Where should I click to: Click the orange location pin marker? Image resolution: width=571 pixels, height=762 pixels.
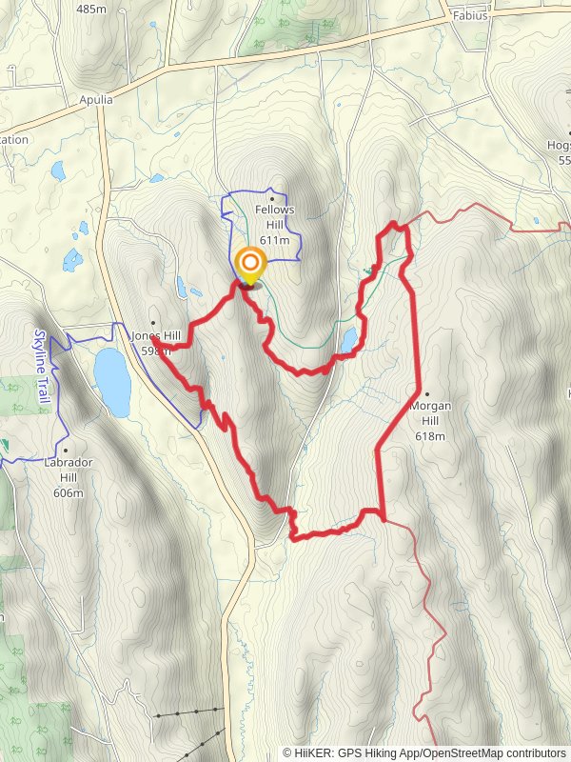250,265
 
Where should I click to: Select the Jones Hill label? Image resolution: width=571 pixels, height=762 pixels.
156,336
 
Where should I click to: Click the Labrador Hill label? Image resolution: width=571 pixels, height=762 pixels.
69,465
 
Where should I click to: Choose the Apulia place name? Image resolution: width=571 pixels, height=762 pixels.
95,99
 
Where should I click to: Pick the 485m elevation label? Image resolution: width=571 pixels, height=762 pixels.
91,9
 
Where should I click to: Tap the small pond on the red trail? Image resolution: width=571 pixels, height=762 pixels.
348,339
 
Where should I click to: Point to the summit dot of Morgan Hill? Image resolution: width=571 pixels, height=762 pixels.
427,393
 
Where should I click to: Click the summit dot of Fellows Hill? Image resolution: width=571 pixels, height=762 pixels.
273,199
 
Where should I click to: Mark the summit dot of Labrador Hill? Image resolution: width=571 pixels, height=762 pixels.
66,451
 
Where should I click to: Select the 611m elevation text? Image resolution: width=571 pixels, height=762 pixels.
274,240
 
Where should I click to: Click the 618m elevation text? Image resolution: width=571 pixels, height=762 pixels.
430,436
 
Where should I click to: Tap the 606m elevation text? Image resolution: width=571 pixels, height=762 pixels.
69,492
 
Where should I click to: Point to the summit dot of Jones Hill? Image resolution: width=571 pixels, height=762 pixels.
153,323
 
